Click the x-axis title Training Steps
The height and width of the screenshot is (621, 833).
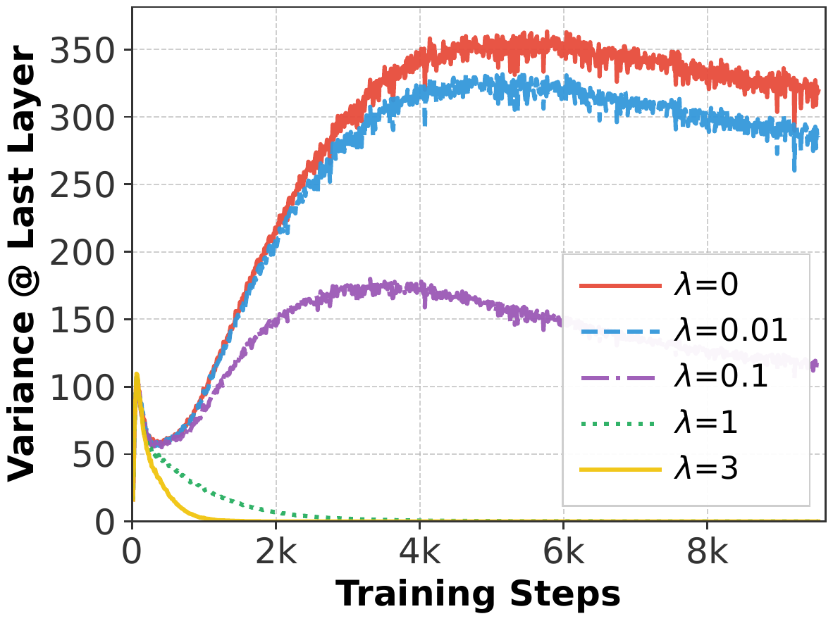click(x=477, y=594)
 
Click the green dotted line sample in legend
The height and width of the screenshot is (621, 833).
click(x=620, y=423)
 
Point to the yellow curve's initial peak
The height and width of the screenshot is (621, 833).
click(x=137, y=375)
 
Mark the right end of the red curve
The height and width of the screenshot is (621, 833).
click(x=817, y=90)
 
